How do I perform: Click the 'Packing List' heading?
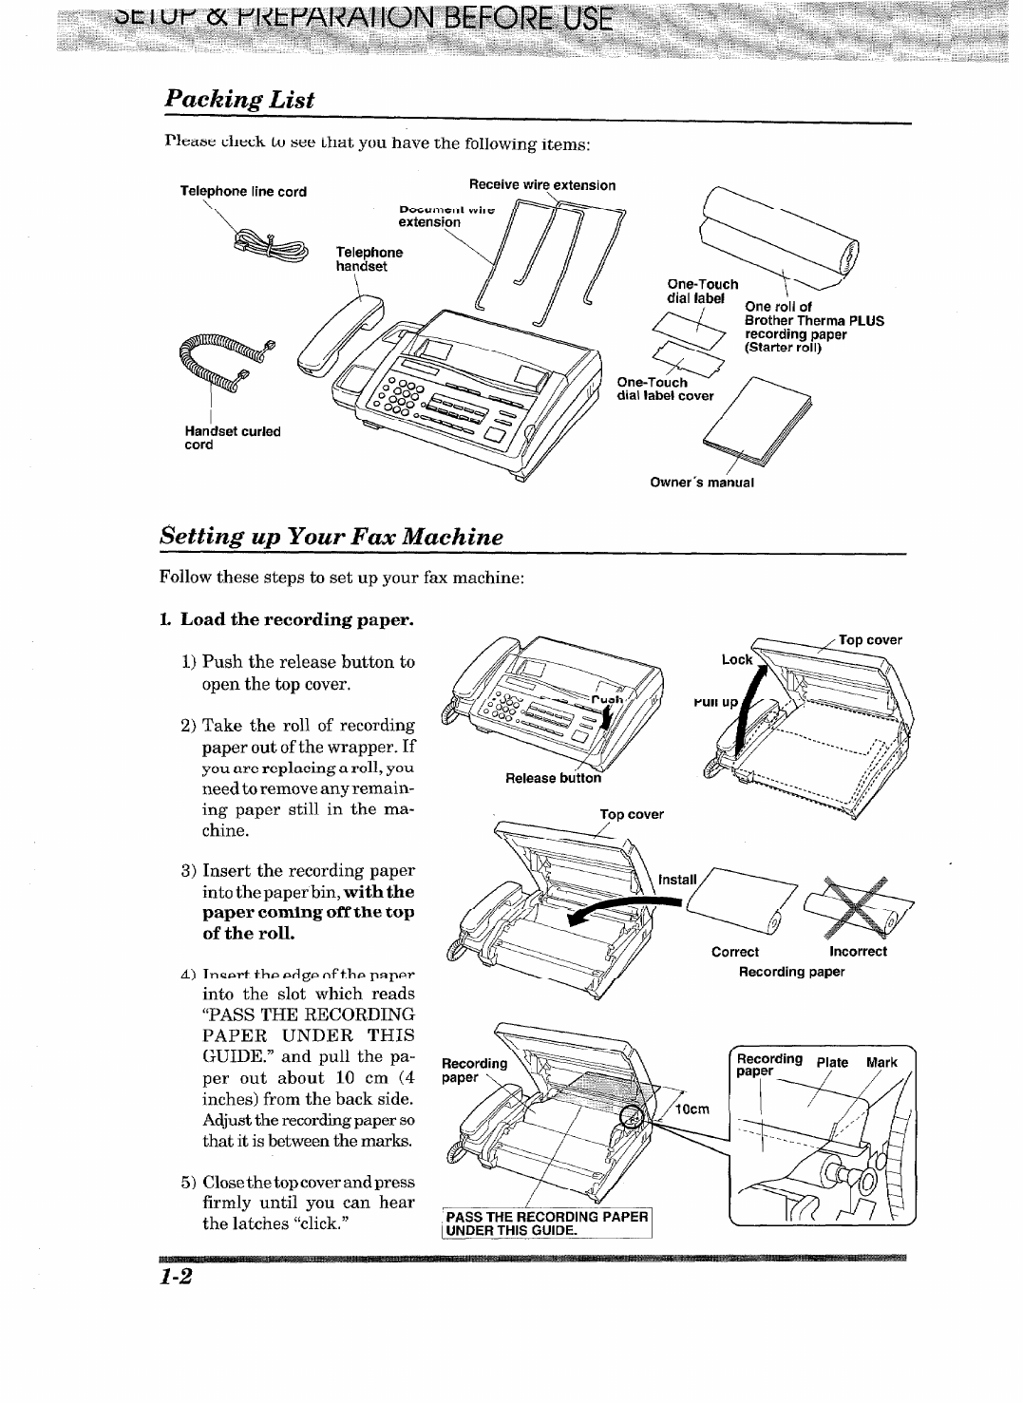(x=239, y=100)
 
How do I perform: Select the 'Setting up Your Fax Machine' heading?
(x=331, y=536)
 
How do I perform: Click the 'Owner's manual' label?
(x=702, y=482)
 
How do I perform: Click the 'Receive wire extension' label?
(x=543, y=185)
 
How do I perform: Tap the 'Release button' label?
(x=554, y=778)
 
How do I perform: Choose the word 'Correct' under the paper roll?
(x=735, y=952)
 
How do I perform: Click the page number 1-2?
(x=178, y=1278)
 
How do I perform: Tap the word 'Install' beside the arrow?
(x=677, y=880)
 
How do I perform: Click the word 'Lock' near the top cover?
(x=736, y=659)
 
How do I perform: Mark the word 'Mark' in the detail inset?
(x=881, y=1062)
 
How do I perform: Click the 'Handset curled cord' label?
(x=233, y=437)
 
